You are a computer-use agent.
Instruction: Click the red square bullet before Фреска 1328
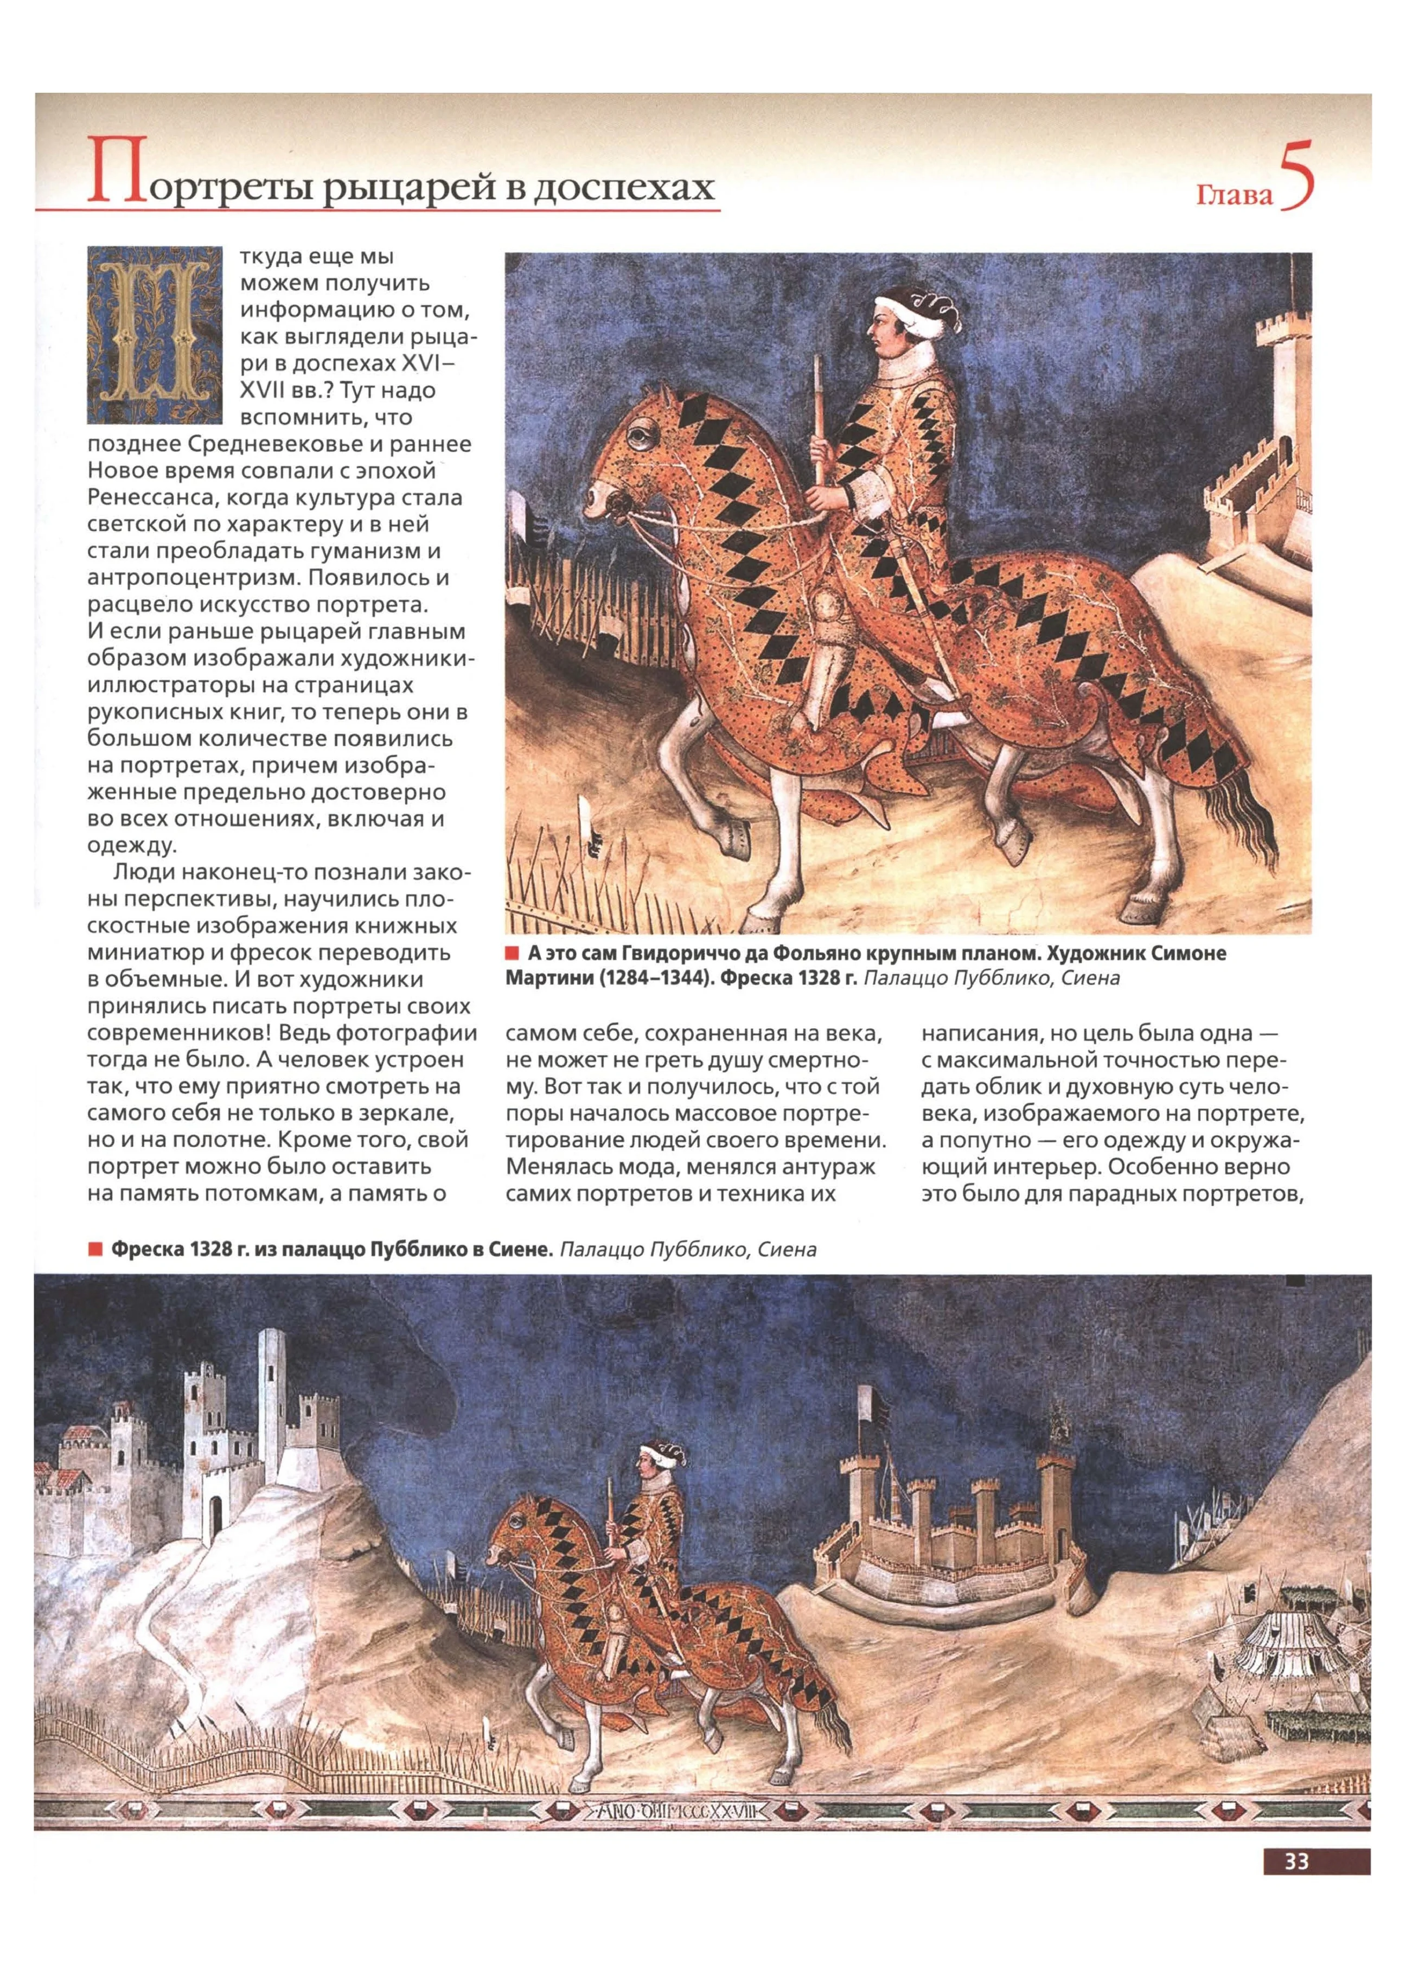click(93, 1249)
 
